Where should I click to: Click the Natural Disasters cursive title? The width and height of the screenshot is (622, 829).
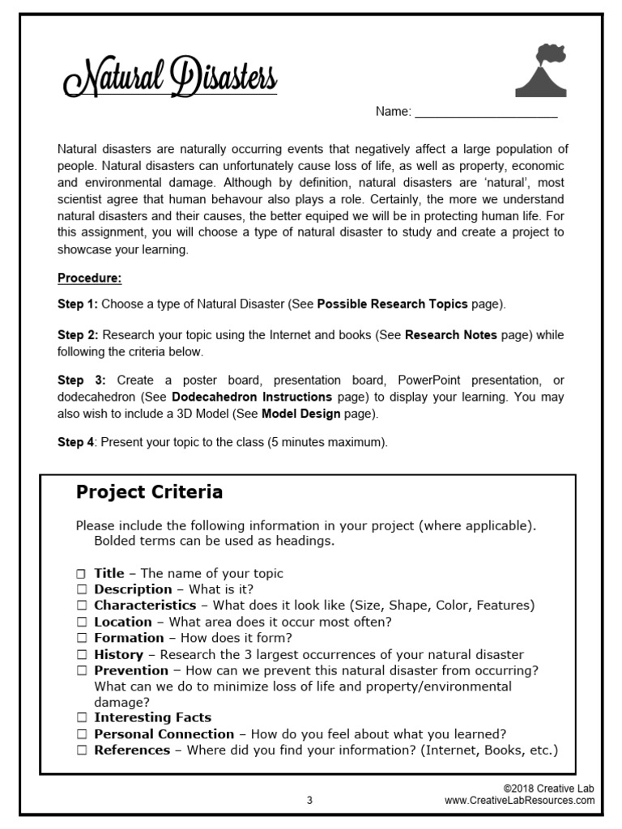(170, 79)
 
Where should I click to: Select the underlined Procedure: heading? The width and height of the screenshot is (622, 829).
(89, 278)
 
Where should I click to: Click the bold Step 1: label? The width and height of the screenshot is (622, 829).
(77, 304)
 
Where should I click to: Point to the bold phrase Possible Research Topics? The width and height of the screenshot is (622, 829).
(392, 304)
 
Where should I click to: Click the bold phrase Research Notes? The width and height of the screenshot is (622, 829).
(451, 334)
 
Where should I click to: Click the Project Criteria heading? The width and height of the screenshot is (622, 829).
(149, 492)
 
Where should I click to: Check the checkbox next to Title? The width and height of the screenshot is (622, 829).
(82, 574)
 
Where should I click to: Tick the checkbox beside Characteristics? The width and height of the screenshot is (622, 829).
(82, 606)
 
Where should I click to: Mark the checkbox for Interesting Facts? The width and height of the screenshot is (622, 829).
(82, 718)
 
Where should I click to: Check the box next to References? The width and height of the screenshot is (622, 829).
(82, 750)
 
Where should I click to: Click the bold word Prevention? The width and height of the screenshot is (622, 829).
(131, 670)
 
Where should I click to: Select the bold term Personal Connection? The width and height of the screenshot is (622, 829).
(164, 734)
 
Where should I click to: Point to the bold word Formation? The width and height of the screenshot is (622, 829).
(128, 638)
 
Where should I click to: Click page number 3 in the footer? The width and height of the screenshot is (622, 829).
(309, 801)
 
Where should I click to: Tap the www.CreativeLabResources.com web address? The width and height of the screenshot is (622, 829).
(519, 801)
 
